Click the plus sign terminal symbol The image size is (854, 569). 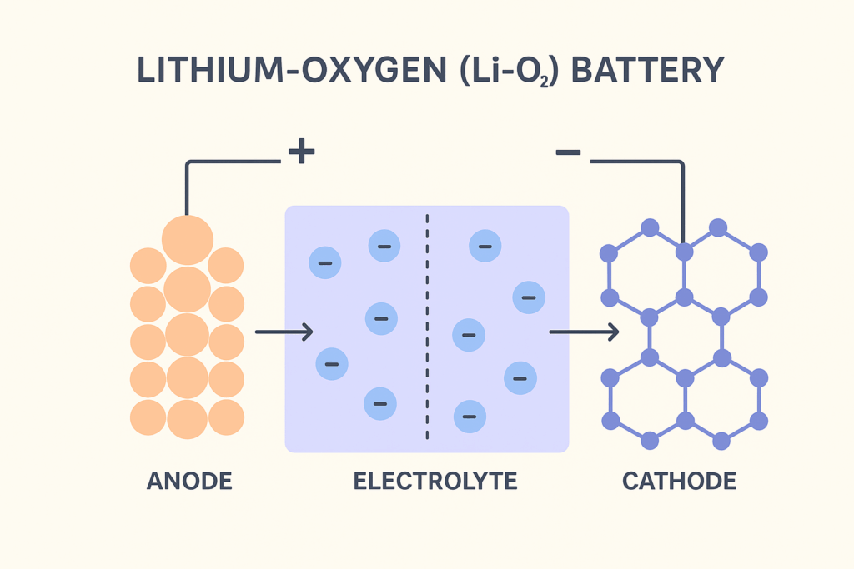(301, 152)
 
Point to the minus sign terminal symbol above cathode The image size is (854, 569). (568, 152)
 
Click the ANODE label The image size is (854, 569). (188, 482)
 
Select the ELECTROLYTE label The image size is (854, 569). (435, 482)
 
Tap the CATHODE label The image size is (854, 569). (679, 482)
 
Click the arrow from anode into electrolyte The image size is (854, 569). (284, 332)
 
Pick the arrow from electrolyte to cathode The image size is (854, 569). (584, 332)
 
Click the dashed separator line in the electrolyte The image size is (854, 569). (428, 325)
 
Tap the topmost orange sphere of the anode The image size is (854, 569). (187, 239)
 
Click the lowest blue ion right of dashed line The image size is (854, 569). (470, 415)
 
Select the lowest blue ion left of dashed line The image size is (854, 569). (379, 403)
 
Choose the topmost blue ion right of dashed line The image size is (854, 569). (485, 245)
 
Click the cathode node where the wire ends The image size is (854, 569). (684, 251)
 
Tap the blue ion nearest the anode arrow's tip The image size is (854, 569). (331, 362)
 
